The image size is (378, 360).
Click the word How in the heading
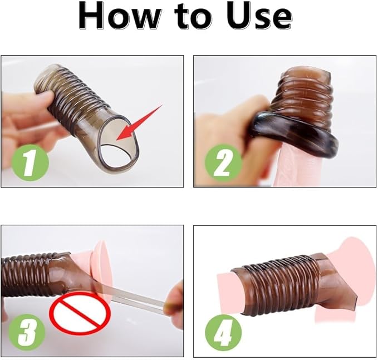119,16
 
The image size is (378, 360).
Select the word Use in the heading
260,17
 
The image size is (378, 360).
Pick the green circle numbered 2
223,162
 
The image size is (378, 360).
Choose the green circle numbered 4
223,333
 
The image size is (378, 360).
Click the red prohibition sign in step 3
80,313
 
